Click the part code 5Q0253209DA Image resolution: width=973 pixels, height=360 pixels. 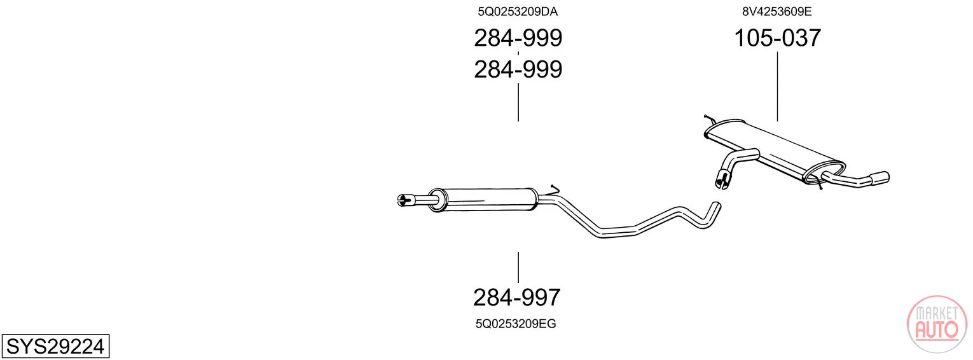click(517, 11)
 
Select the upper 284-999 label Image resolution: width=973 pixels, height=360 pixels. click(518, 38)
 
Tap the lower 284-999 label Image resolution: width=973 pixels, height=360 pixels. click(518, 69)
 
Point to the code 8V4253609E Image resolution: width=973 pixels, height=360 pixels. click(776, 11)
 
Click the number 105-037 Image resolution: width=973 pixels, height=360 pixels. click(777, 38)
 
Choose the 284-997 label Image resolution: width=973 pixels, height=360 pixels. click(516, 298)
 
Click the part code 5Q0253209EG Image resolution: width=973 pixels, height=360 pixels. click(516, 324)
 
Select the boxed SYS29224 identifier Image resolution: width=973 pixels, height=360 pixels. click(55, 346)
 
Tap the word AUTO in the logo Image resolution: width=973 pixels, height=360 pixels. click(937, 329)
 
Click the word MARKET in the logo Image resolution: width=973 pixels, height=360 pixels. click(937, 313)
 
